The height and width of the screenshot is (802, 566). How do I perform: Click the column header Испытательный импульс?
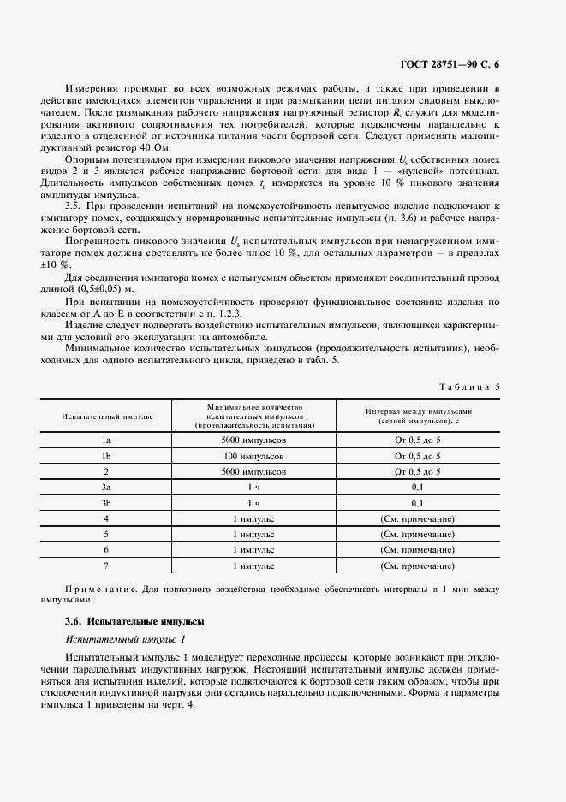pyautogui.click(x=107, y=416)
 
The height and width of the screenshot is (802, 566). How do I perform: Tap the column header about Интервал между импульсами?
pyautogui.click(x=417, y=416)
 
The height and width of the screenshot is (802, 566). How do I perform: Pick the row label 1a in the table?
pyautogui.click(x=107, y=440)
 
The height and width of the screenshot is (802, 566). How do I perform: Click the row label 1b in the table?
pyautogui.click(x=107, y=456)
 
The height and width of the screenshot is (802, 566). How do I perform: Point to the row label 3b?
pyautogui.click(x=107, y=503)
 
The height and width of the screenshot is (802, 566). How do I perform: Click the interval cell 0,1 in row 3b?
pyautogui.click(x=417, y=503)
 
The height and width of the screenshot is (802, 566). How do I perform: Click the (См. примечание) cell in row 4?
pyautogui.click(x=417, y=518)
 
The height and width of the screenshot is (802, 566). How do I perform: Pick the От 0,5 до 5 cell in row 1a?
pyautogui.click(x=417, y=440)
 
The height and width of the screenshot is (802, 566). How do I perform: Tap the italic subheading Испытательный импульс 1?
pyautogui.click(x=125, y=639)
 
